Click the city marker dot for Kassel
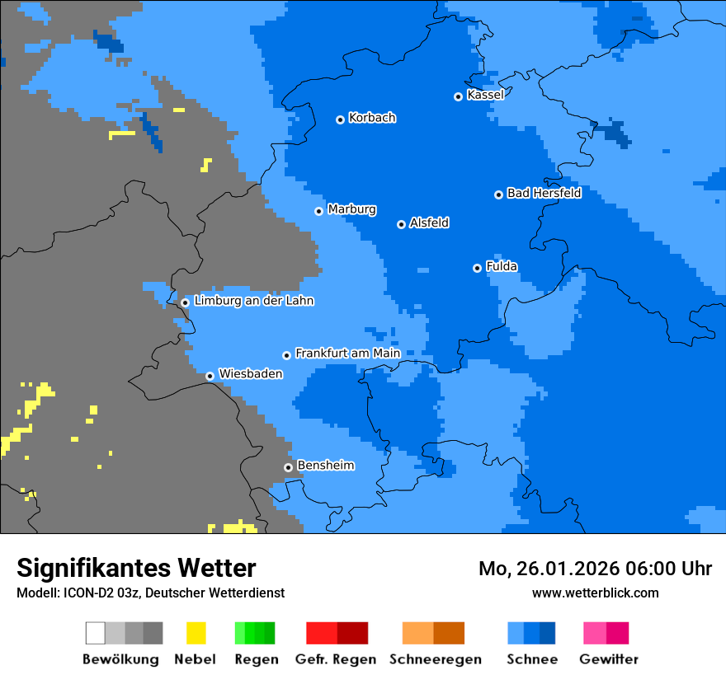point(459,96)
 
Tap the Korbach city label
point(372,118)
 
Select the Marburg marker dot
point(319,211)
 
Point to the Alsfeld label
point(429,223)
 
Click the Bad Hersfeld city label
point(544,193)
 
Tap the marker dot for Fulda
point(477,268)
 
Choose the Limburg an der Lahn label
point(253,301)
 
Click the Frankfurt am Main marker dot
point(287,355)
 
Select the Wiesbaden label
point(250,373)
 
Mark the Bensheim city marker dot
point(288,467)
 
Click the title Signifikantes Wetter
point(136,569)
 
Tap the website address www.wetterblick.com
point(595,593)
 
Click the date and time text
point(595,569)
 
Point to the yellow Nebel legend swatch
point(196,633)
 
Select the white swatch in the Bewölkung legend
point(96,633)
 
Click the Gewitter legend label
point(608,659)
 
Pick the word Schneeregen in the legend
point(436,659)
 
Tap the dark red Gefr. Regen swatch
point(352,633)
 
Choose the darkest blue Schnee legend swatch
point(548,633)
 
